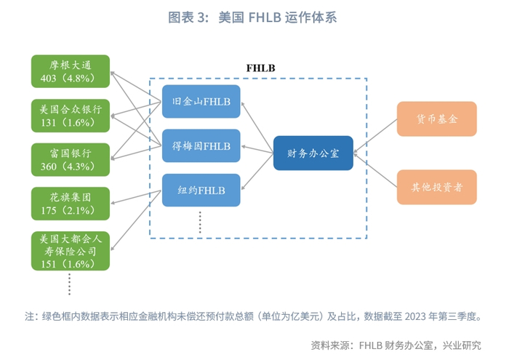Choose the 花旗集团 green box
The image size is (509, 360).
(71, 204)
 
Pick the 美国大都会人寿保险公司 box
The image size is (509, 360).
(71, 252)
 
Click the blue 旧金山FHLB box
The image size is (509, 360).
(201, 102)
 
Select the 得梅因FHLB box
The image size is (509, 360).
(201, 145)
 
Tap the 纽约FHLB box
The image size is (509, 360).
(201, 190)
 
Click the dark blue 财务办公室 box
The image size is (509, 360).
(313, 153)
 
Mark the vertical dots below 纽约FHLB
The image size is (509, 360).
(200, 222)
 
